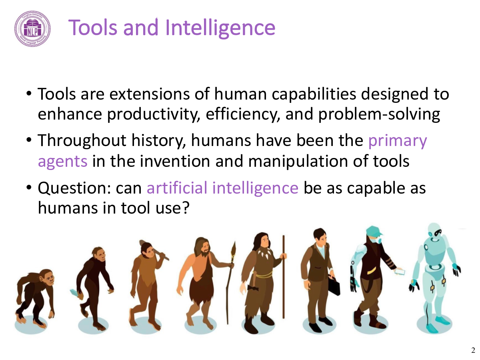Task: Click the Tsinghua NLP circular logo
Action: pos(32,29)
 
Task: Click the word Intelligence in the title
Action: pos(220,28)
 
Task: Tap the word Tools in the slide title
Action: pos(93,27)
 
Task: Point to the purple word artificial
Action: pos(177,188)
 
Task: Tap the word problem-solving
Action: pos(379,114)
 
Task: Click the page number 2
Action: pos(473,350)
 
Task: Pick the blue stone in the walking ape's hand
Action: pos(74,293)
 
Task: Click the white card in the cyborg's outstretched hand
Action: pos(400,271)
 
